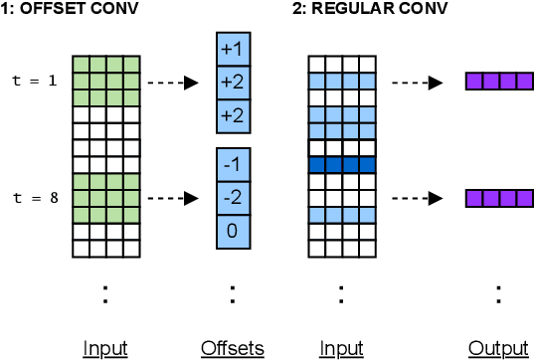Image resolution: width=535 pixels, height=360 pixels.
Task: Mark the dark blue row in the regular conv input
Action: pyautogui.click(x=341, y=164)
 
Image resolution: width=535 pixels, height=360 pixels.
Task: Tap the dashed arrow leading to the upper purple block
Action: pyautogui.click(x=416, y=84)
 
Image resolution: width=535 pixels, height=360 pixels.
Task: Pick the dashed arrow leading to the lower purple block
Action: pyautogui.click(x=416, y=198)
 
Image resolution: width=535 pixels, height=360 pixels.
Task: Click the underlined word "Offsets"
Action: pyautogui.click(x=232, y=347)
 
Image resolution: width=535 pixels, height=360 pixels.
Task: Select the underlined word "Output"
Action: pyautogui.click(x=498, y=347)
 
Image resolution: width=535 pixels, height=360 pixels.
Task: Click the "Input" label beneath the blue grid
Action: pyautogui.click(x=340, y=347)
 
